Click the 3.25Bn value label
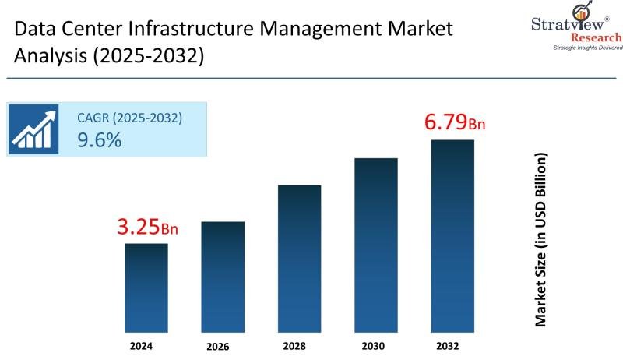click(147, 228)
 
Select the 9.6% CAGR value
click(99, 140)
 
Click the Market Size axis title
click(540, 239)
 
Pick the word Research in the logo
click(596, 37)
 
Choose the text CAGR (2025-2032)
click(129, 118)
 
